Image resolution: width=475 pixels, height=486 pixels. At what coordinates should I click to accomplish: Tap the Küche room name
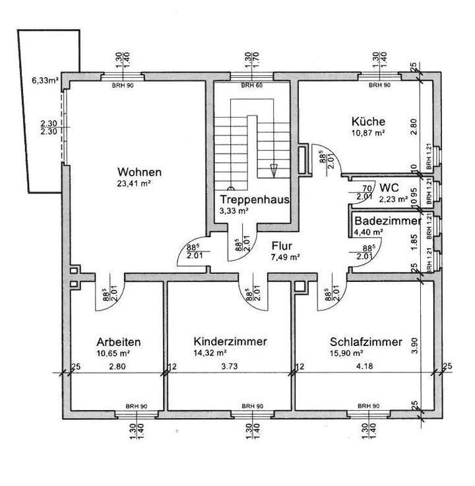pos(368,121)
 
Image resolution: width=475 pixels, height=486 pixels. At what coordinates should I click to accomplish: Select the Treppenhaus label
pos(255,199)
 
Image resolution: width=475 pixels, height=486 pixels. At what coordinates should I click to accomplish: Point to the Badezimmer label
pos(387,221)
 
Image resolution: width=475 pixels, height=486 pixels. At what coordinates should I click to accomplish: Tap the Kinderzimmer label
pos(230,342)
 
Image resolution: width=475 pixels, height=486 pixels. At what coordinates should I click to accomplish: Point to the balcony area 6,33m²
pos(45,82)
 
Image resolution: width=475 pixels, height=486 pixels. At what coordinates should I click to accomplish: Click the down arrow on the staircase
pos(274,170)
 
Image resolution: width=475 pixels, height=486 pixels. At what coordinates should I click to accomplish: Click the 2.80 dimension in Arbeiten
pos(117,366)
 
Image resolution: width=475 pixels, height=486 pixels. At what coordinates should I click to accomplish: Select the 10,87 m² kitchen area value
pos(368,133)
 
